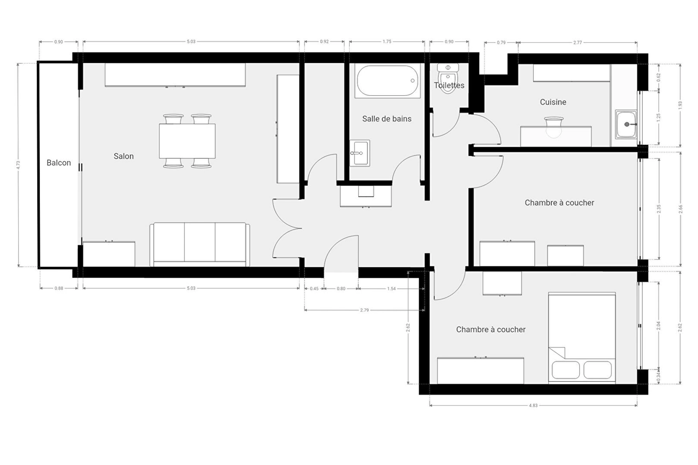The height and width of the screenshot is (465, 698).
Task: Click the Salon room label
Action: click(x=124, y=156)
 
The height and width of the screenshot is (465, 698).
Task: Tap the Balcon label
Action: click(x=59, y=163)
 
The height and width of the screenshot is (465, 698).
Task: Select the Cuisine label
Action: click(x=553, y=102)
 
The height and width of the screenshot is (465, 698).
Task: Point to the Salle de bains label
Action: click(x=387, y=119)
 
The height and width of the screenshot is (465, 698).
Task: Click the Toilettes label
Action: click(x=449, y=85)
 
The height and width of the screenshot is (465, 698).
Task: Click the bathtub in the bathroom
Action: click(x=388, y=81)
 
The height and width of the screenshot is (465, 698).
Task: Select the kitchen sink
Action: click(x=626, y=124)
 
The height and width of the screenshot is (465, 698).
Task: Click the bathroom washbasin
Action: click(x=360, y=153)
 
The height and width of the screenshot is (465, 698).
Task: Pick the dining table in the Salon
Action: click(x=187, y=141)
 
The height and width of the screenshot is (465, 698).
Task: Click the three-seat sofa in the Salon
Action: click(x=200, y=244)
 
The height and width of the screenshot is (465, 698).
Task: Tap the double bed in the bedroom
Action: click(x=582, y=338)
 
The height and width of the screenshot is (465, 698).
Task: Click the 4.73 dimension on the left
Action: click(x=18, y=165)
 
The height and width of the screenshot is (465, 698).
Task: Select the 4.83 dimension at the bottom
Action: click(x=533, y=405)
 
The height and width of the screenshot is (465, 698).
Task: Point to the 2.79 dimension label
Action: click(x=364, y=310)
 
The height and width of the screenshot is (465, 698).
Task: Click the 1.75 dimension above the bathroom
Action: click(x=387, y=42)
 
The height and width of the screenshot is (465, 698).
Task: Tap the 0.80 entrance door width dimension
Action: click(x=341, y=289)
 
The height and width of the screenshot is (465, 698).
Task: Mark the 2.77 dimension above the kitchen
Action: click(x=578, y=43)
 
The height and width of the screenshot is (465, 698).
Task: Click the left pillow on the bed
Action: click(x=566, y=370)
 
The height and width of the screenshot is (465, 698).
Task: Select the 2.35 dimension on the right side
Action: click(x=659, y=209)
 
